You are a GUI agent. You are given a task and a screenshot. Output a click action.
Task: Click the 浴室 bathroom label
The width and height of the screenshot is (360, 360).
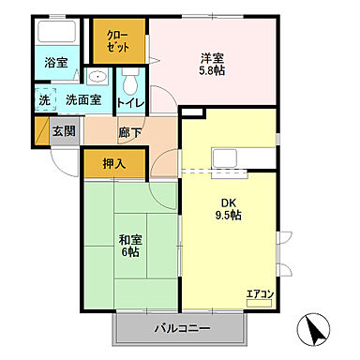tap(55, 64)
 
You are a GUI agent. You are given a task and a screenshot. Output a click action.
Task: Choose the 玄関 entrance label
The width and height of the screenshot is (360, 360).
tap(64, 131)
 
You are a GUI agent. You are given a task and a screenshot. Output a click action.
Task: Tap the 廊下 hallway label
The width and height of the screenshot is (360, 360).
tap(130, 133)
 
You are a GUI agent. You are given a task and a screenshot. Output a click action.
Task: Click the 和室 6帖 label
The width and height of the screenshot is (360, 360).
tap(130, 247)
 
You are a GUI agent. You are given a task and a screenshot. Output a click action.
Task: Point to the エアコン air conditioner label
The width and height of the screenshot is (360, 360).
tap(260, 295)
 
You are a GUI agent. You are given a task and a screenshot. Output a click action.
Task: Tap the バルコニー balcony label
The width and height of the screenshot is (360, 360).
tap(182, 328)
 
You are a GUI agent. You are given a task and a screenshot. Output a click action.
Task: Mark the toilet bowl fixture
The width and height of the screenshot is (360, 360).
tap(129, 77)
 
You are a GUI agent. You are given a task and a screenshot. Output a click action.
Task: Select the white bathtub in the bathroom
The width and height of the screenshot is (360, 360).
tap(55, 35)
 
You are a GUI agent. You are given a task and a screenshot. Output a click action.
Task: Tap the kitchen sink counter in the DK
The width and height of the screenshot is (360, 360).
tap(228, 156)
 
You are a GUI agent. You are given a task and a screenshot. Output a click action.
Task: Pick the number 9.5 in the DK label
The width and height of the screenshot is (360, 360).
tap(225, 216)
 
